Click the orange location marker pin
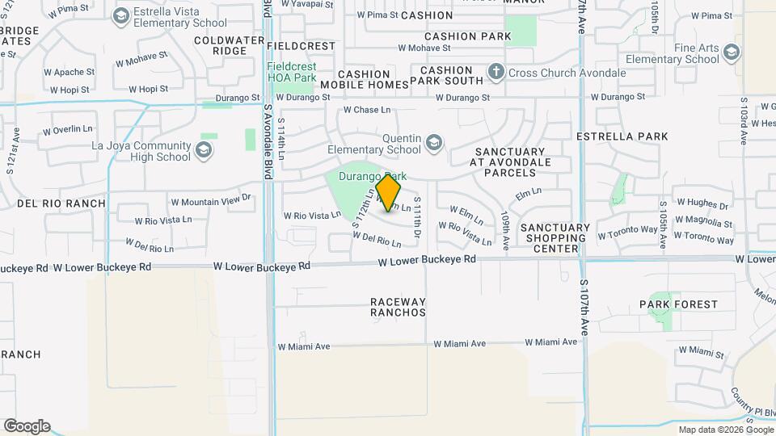coord(389,192)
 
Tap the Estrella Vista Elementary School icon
coord(121,15)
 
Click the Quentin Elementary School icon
coord(433,143)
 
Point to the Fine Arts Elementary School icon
coord(731,53)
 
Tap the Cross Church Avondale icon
coord(497,73)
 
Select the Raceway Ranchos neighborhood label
coord(398,307)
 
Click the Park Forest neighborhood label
coord(678,304)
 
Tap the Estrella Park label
coord(622,136)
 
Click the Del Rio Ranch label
coord(61,203)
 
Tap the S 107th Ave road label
coord(582,307)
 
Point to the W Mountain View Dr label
coord(211,199)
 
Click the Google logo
coord(27,426)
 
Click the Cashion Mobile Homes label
coord(364,79)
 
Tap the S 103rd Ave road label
coord(744,121)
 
